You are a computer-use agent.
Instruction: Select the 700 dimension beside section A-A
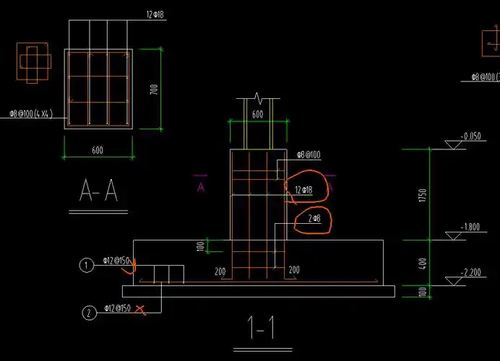(x=153, y=89)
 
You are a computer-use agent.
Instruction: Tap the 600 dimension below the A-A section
(x=98, y=150)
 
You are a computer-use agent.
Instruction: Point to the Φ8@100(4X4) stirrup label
(x=31, y=113)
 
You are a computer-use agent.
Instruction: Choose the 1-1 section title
(x=259, y=329)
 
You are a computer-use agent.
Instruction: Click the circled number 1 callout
(x=87, y=266)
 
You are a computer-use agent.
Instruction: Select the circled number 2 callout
(x=88, y=313)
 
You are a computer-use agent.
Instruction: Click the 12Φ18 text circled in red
(x=303, y=190)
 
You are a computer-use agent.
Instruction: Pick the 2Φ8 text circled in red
(x=314, y=218)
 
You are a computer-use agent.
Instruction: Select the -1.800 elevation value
(x=470, y=227)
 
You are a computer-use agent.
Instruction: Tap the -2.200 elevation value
(x=470, y=271)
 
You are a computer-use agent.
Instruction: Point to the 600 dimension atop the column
(x=257, y=114)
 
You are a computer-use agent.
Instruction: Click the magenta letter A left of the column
(x=201, y=186)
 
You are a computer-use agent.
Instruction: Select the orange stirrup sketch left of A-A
(x=32, y=61)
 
